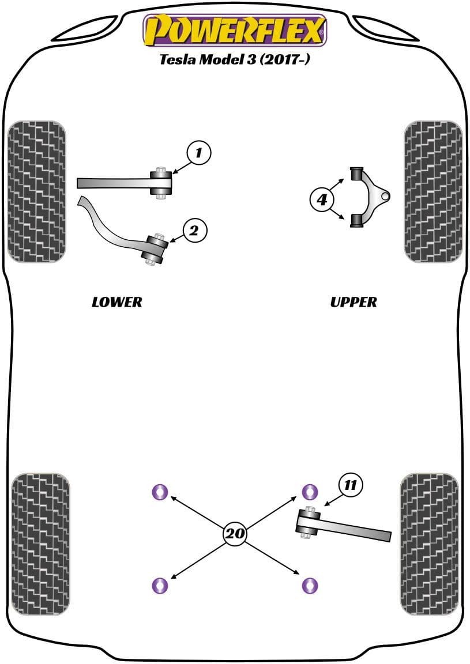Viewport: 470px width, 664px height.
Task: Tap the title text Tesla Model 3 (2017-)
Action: (235, 60)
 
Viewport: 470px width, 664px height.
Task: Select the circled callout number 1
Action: (198, 153)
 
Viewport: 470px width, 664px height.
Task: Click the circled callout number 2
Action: (194, 231)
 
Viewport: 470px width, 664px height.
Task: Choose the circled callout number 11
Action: (351, 485)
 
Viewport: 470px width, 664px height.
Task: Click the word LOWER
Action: (116, 302)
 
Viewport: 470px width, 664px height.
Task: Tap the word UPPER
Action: (354, 302)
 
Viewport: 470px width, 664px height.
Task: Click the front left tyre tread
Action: (36, 191)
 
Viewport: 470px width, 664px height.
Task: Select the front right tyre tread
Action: (434, 191)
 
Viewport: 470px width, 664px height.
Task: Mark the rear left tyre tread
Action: (40, 544)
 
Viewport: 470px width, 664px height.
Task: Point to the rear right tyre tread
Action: (429, 544)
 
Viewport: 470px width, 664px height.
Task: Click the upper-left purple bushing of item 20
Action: (159, 492)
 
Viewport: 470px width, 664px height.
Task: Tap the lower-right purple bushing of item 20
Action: (310, 585)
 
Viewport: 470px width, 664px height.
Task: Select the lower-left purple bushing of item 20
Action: (159, 585)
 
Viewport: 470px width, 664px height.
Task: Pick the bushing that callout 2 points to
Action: (156, 249)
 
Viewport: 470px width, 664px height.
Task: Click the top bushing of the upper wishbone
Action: (357, 173)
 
